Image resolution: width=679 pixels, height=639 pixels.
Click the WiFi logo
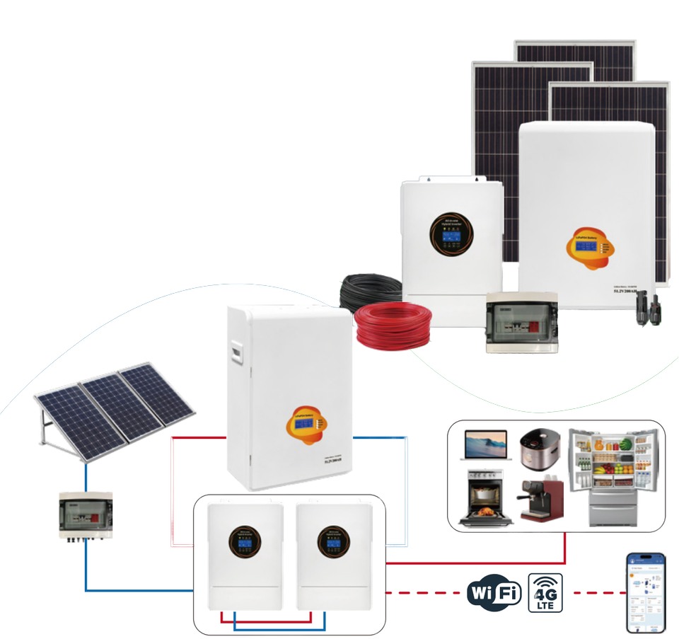[494, 592]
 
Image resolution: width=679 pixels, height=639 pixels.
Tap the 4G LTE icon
[545, 592]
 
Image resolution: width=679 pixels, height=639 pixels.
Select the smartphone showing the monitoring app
[644, 592]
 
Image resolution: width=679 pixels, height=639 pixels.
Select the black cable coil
[368, 291]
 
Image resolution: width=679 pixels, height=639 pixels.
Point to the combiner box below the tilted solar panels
[86, 516]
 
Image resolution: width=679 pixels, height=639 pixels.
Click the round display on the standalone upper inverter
[451, 234]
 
